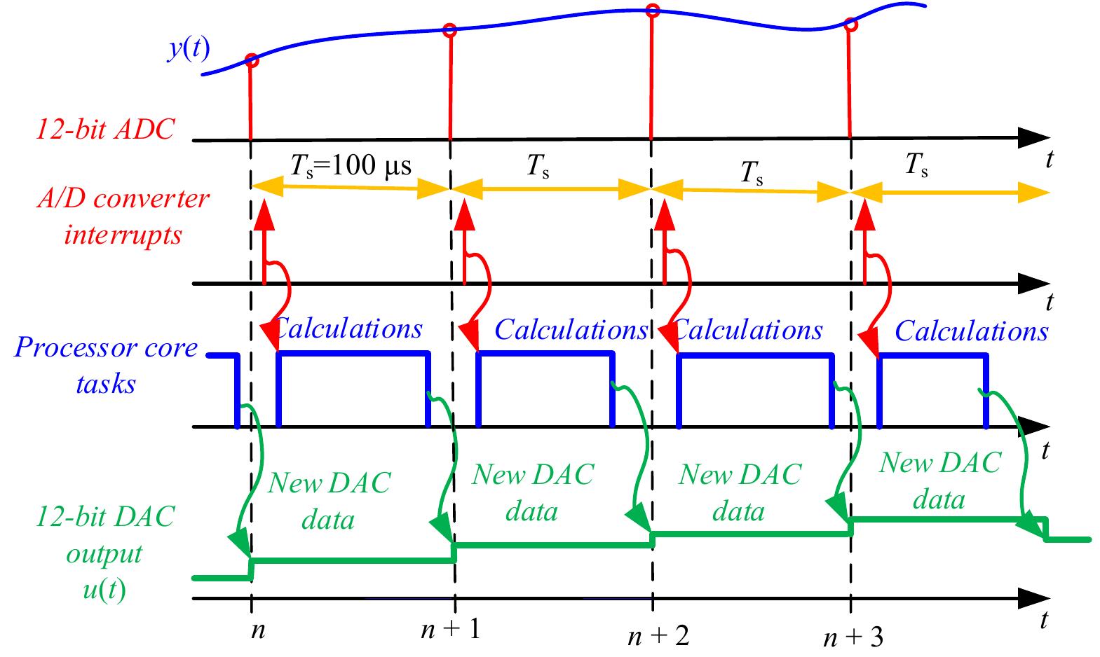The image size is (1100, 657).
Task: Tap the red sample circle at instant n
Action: tap(252, 61)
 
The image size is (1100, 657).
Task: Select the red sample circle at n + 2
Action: tap(653, 10)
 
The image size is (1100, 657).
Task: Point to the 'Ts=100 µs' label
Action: tap(351, 166)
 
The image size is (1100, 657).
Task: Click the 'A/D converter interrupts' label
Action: tap(123, 216)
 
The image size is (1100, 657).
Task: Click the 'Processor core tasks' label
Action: tap(105, 366)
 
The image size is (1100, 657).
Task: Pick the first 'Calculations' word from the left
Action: tap(348, 328)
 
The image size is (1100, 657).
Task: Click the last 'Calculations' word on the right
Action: tap(971, 331)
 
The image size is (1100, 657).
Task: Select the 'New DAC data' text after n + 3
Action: tap(940, 480)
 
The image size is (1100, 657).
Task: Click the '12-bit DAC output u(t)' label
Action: tap(105, 553)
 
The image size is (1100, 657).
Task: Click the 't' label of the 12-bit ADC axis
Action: tap(1049, 160)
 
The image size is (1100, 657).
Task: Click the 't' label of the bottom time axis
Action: tap(1045, 619)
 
